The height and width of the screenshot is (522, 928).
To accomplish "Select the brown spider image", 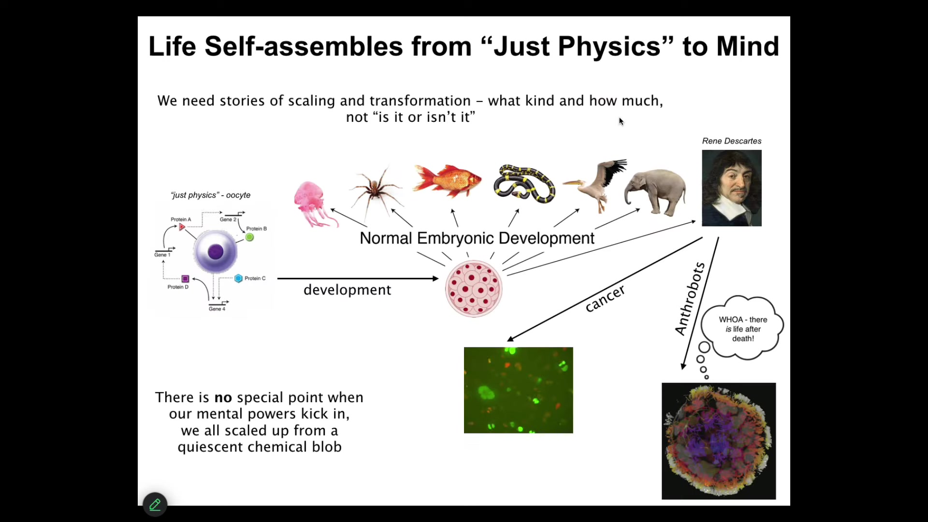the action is pos(376,190).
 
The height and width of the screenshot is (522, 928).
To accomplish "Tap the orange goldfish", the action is pos(447,180).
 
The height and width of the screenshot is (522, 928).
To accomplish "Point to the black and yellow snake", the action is pos(524,183).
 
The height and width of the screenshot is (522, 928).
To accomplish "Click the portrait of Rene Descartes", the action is pos(732,188).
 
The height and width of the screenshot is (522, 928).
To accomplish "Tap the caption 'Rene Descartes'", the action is pos(732,141).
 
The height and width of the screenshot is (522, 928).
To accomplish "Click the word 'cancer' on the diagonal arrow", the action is pos(605,298).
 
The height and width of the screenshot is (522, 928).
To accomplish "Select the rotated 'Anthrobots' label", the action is pos(690,299).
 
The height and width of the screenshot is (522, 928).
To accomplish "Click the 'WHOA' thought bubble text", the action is pos(743,329).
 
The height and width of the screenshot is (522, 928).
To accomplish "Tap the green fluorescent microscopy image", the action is pos(519,390).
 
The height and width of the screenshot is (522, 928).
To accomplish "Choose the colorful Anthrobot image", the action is pos(719,441).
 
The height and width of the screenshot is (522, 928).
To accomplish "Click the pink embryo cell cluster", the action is pos(474,289).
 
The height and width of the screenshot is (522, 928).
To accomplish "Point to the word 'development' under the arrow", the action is pos(347,290).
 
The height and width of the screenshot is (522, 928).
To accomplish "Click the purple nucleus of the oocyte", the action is pos(216,251).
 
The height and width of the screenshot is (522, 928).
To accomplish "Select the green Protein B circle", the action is pos(249,237).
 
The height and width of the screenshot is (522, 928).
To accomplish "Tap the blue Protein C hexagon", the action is pos(238,278).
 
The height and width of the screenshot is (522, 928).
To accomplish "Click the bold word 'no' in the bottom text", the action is pos(223,398).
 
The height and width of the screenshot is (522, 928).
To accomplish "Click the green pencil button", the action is pos(155,505).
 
